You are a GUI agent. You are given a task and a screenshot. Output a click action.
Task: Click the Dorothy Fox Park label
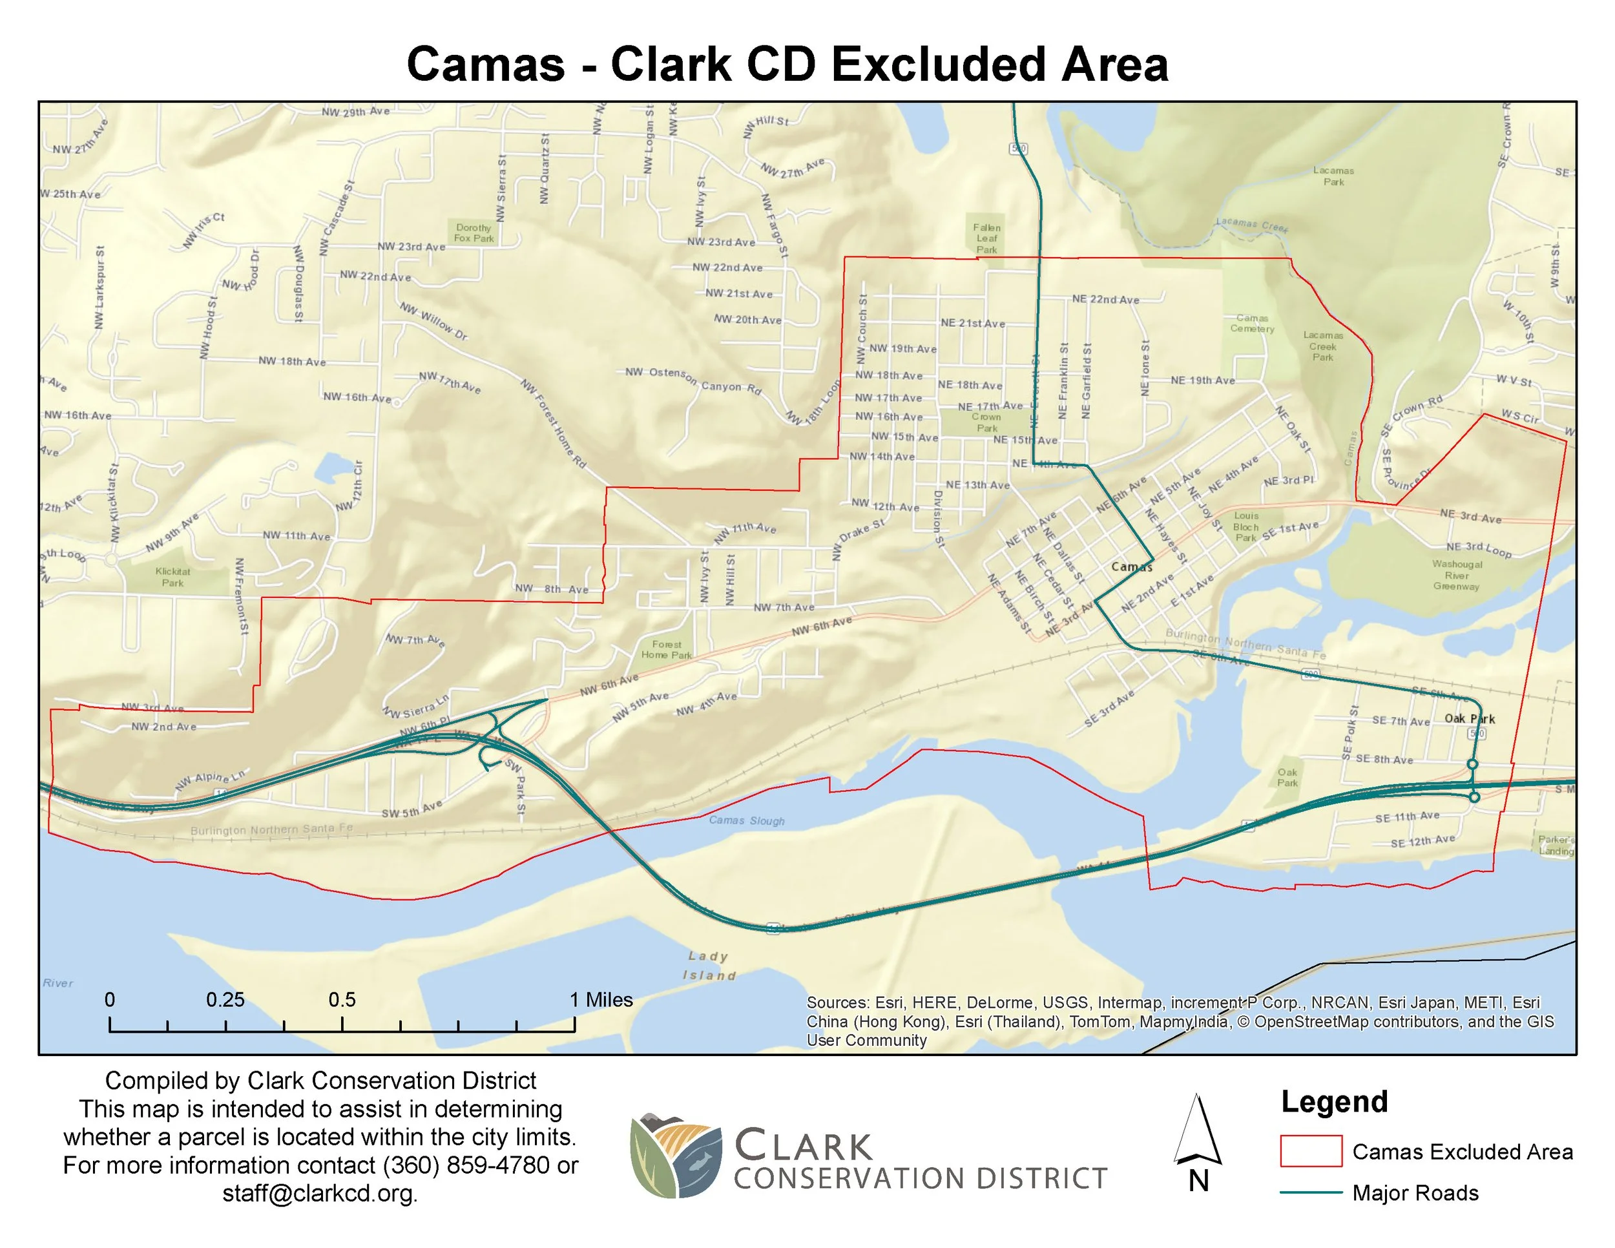pyautogui.click(x=474, y=233)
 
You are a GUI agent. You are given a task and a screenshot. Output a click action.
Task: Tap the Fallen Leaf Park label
pyautogui.click(x=986, y=238)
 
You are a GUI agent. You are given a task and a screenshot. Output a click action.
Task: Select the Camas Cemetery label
pyautogui.click(x=1252, y=323)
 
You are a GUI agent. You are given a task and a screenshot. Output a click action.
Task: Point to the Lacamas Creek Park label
pyautogui.click(x=1322, y=346)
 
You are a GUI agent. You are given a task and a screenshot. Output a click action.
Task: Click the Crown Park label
pyautogui.click(x=986, y=422)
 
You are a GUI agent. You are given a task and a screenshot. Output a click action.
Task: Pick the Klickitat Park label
pyautogui.click(x=173, y=577)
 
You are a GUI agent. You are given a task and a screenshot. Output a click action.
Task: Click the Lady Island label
pyautogui.click(x=709, y=966)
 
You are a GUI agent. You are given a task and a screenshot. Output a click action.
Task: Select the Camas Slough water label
pyautogui.click(x=746, y=820)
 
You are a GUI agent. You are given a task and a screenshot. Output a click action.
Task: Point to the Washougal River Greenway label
pyautogui.click(x=1457, y=574)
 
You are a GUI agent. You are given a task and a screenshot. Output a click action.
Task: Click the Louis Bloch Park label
pyautogui.click(x=1246, y=526)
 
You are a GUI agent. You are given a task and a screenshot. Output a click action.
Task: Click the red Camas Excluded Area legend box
pyautogui.click(x=1310, y=1150)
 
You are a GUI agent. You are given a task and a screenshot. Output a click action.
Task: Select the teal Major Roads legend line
pyautogui.click(x=1310, y=1192)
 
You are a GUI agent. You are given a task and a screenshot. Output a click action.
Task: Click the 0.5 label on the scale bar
pyautogui.click(x=342, y=999)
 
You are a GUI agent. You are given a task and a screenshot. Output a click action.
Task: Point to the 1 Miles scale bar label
pyautogui.click(x=600, y=999)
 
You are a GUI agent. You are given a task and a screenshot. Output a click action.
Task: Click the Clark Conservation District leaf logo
pyautogui.click(x=674, y=1155)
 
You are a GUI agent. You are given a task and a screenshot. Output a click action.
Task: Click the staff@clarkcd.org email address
pyautogui.click(x=320, y=1193)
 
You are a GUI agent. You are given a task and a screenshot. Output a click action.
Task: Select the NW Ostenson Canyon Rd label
pyautogui.click(x=693, y=379)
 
